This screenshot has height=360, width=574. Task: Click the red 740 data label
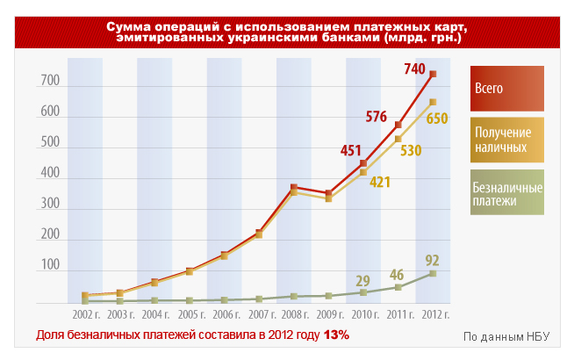414,69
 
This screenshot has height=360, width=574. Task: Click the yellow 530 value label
410,150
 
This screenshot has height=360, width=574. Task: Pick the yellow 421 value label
379,182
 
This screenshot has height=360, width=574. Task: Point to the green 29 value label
362,280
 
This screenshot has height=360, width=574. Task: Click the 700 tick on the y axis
49,82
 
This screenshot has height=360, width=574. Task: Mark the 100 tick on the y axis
49,265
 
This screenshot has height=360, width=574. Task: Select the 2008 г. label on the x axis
293,313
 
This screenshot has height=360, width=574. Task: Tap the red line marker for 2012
433,74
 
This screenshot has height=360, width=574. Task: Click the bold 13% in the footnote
336,335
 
